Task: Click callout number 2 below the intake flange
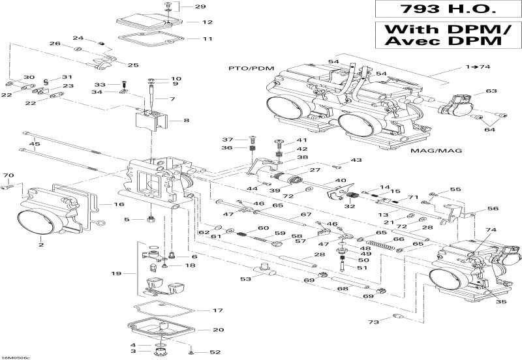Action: click(x=40, y=245)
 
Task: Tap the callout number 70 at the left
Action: click(x=8, y=176)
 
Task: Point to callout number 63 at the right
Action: click(x=491, y=91)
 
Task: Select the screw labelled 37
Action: click(x=253, y=138)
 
